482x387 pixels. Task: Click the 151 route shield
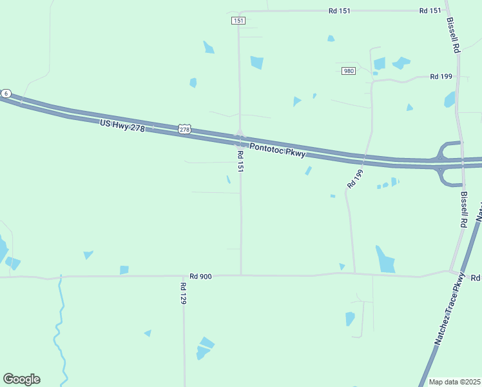tap(238, 21)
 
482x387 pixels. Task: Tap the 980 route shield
tap(349, 70)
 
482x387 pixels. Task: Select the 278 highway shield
tap(185, 130)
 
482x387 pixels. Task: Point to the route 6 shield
tap(6, 94)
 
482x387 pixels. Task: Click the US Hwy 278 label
tap(123, 125)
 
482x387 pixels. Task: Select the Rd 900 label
tap(200, 276)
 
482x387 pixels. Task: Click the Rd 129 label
tap(184, 293)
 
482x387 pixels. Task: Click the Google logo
tap(21, 379)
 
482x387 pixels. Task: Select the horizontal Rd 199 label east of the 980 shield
tap(441, 77)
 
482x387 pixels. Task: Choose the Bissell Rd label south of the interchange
tap(463, 210)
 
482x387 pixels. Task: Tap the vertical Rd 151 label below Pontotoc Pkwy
tap(240, 161)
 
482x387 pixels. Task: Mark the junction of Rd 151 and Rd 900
tap(241, 275)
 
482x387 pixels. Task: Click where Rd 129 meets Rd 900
tap(184, 277)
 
